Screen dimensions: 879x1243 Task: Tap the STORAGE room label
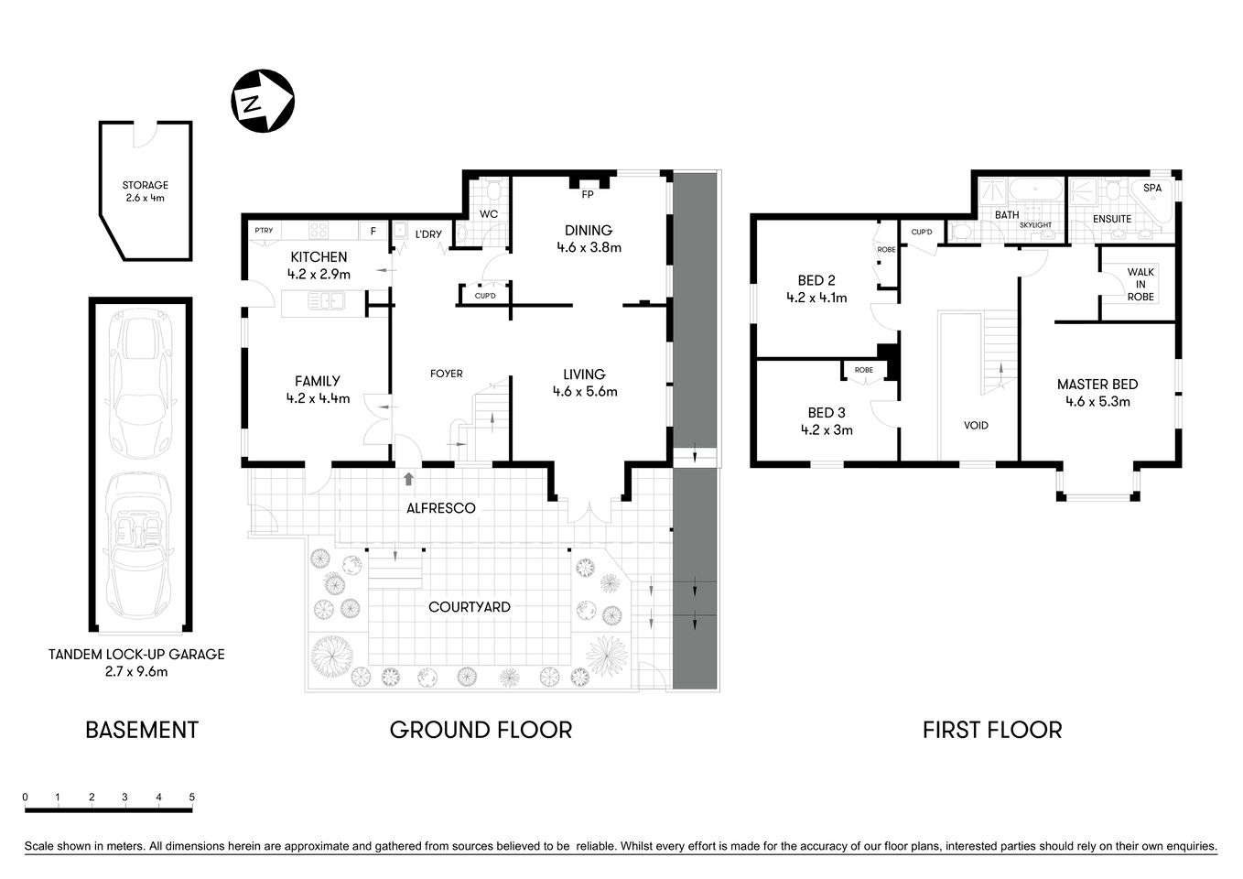point(146,185)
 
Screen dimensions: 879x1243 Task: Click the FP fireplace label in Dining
point(587,195)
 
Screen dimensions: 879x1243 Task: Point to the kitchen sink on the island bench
point(326,300)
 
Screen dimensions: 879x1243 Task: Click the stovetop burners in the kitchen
point(322,231)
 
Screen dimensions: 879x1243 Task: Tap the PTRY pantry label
point(264,231)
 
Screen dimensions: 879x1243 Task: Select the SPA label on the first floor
point(1152,188)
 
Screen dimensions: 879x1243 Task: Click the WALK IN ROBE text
point(1140,284)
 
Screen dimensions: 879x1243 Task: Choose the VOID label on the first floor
point(976,425)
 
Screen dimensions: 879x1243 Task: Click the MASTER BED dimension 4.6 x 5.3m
point(1097,401)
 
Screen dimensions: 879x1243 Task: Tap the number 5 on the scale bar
point(192,798)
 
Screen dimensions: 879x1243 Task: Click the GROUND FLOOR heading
point(481,730)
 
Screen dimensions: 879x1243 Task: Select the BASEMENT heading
point(142,730)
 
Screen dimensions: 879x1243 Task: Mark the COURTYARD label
point(470,607)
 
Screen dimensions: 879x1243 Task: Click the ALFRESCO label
point(442,508)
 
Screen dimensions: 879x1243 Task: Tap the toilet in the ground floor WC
point(493,192)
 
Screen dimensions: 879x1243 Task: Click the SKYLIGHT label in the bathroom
point(1035,225)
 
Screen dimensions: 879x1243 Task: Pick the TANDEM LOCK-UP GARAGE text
point(136,655)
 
